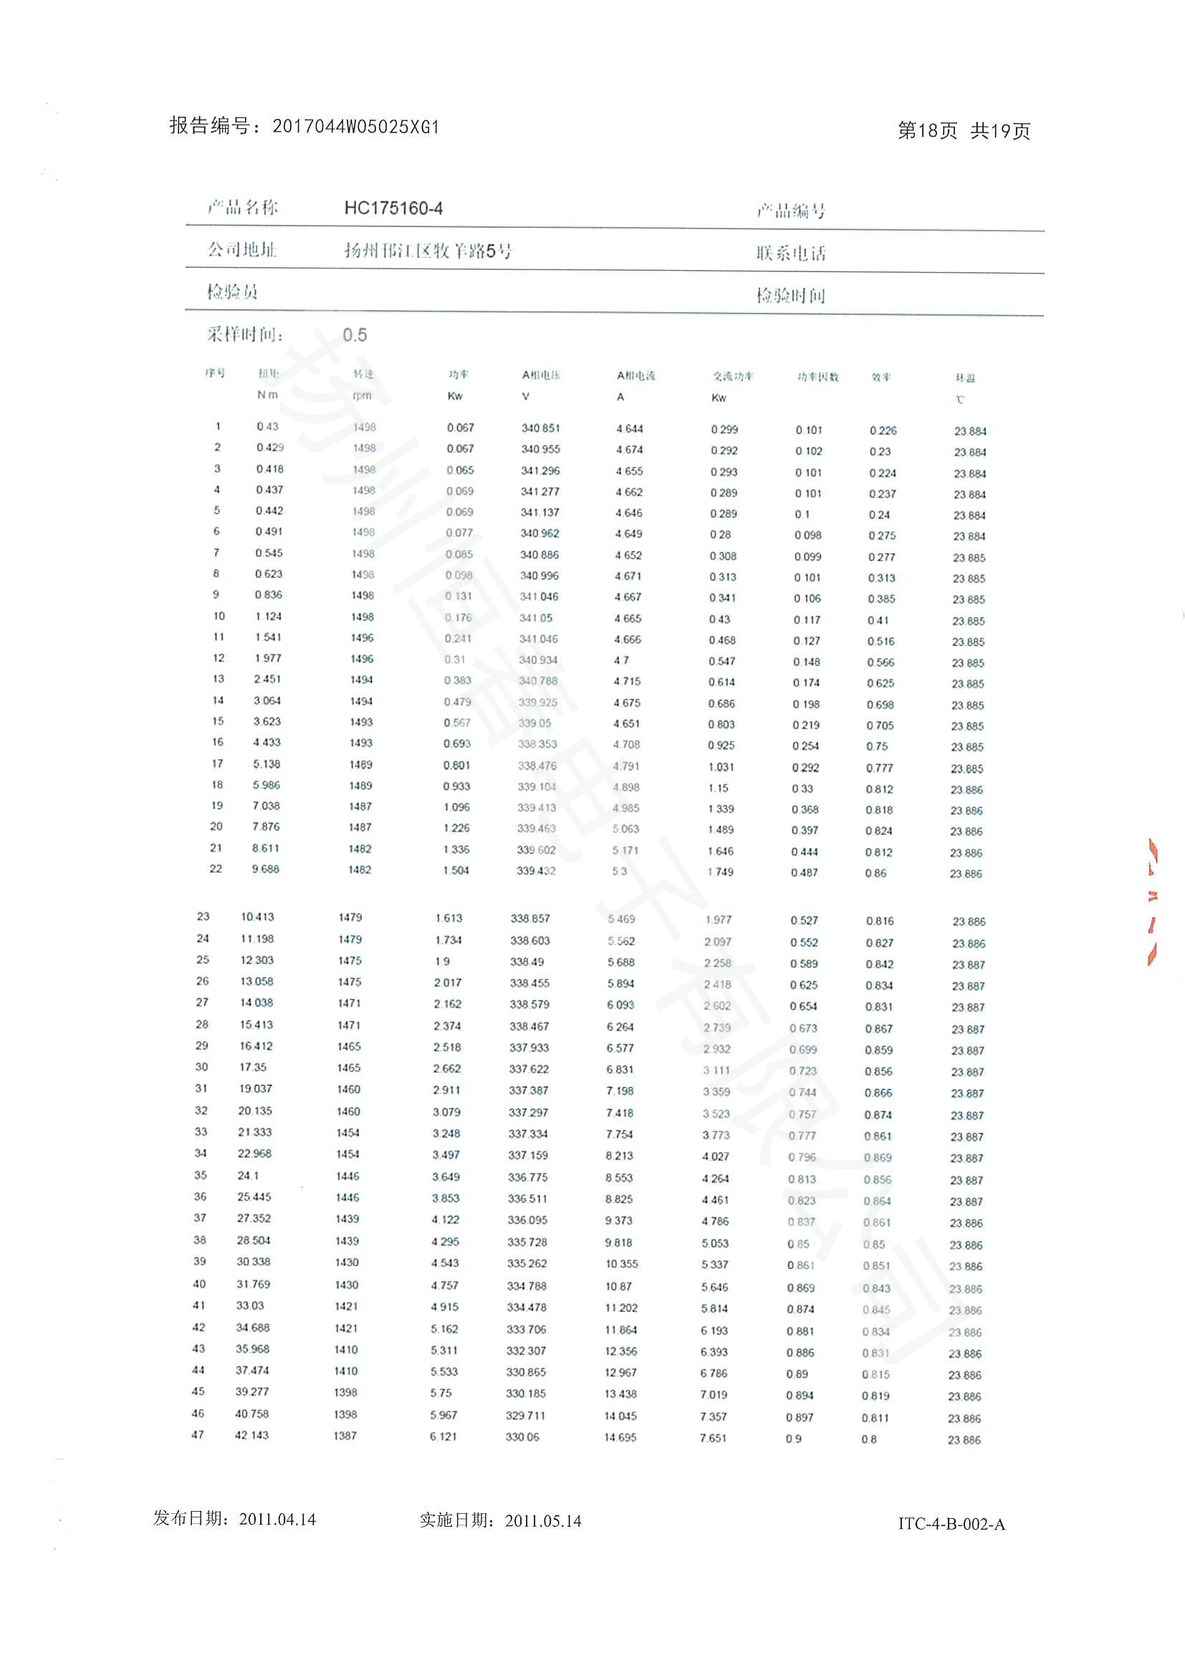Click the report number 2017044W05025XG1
pos(355,127)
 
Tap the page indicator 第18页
pos(926,130)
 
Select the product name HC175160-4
pos(393,208)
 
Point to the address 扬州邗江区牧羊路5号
pos(428,251)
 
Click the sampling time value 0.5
pos(355,335)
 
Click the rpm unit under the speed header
pos(362,395)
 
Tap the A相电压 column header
pos(541,375)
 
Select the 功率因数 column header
pos(817,377)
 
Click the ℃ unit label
pos(959,399)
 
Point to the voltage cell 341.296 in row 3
pos(540,470)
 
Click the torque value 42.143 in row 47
pos(251,1435)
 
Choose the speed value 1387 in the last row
pos(345,1435)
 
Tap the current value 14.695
pos(620,1437)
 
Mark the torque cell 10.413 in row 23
pos(258,917)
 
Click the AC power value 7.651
pos(713,1438)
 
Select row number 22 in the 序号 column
pos(216,868)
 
